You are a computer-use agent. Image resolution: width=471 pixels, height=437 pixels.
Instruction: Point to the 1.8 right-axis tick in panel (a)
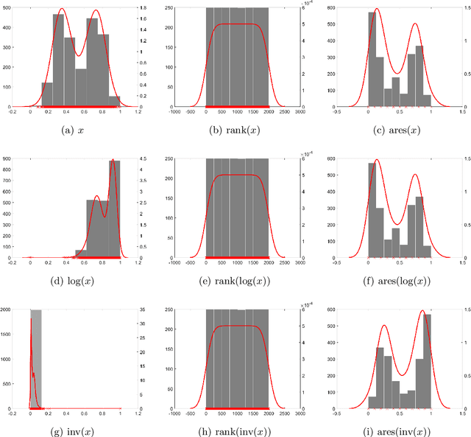(145, 7)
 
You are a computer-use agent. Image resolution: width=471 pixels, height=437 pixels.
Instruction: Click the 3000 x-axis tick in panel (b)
(301, 113)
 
